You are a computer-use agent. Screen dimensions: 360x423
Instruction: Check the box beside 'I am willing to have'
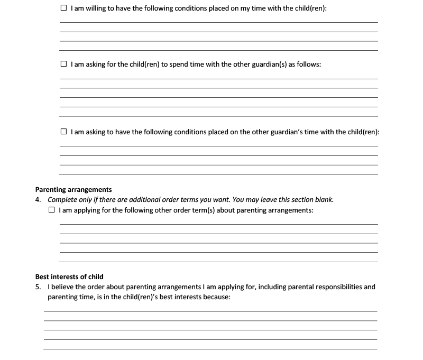point(63,8)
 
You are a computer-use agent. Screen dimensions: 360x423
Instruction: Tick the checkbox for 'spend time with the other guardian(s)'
point(63,64)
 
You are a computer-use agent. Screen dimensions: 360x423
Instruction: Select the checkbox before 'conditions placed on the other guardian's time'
point(63,132)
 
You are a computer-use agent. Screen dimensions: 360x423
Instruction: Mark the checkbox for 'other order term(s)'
point(52,210)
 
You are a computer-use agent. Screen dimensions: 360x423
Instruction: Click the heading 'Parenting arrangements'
point(73,189)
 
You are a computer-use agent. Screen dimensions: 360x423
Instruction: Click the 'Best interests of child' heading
point(69,276)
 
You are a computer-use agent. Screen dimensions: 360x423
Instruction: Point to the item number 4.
point(38,200)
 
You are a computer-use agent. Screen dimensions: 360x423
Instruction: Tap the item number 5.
point(38,287)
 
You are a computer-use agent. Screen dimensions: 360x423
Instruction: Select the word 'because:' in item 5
point(215,297)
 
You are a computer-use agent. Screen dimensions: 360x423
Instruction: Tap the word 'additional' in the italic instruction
point(135,200)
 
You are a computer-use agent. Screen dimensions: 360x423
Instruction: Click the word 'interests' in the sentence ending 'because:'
point(183,297)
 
